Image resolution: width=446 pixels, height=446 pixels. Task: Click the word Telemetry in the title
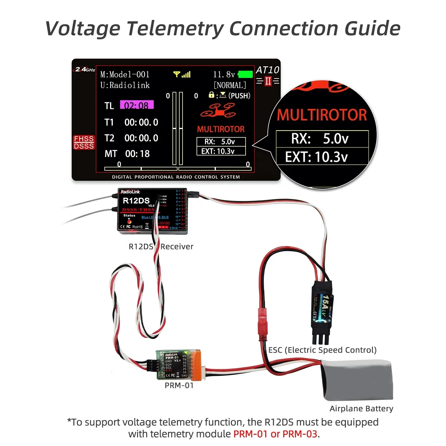pos(175,29)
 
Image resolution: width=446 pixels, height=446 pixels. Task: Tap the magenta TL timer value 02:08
pos(136,105)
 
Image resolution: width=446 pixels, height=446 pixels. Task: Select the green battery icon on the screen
pos(245,74)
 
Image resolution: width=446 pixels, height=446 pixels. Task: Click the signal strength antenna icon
pos(182,74)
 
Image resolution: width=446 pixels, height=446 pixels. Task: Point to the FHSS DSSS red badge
pos(84,142)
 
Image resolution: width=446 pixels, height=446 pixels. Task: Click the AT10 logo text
pos(267,70)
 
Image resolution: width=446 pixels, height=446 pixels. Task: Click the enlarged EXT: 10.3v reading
pos(316,157)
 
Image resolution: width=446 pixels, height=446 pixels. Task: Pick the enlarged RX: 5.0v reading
pos(320,139)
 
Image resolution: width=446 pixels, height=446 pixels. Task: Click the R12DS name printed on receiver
pos(136,201)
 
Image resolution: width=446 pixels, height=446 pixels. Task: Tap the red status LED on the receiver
pos(129,222)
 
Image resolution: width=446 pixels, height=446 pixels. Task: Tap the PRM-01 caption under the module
pos(179,385)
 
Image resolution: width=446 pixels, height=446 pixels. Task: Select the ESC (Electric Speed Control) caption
pos(322,350)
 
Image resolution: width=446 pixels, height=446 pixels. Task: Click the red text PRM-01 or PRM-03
pos(275,434)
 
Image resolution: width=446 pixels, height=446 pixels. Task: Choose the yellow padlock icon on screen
pos(211,95)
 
